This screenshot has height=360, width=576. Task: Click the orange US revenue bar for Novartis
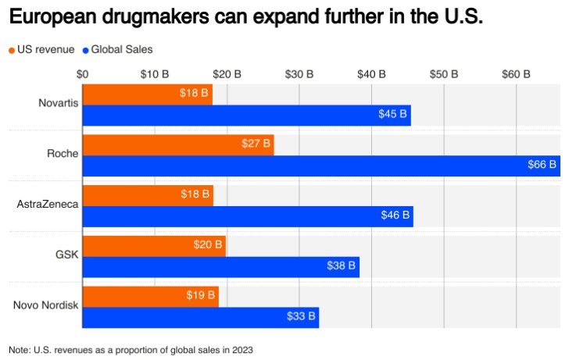[x=147, y=94]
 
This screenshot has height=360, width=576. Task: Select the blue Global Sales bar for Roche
[x=320, y=166]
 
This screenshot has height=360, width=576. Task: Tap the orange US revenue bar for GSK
[x=154, y=246]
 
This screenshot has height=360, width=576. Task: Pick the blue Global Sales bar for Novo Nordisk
[x=201, y=317]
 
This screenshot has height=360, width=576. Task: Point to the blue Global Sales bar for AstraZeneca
[x=248, y=216]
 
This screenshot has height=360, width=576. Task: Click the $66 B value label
[x=542, y=166]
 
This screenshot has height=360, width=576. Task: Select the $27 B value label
[x=256, y=144]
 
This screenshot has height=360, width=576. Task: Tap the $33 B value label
[x=301, y=317]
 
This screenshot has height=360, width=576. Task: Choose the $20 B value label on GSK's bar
[x=208, y=246]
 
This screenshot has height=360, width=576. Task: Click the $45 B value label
[x=393, y=115]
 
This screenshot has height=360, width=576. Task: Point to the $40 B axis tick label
[x=371, y=74]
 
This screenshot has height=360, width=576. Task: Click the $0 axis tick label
[x=83, y=74]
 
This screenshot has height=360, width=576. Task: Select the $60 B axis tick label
[x=516, y=74]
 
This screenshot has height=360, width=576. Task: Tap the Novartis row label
[x=59, y=104]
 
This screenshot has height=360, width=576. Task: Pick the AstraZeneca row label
[x=48, y=205]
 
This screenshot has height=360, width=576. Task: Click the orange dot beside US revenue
[x=12, y=50]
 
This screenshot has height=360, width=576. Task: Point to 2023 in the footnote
[x=242, y=349]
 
